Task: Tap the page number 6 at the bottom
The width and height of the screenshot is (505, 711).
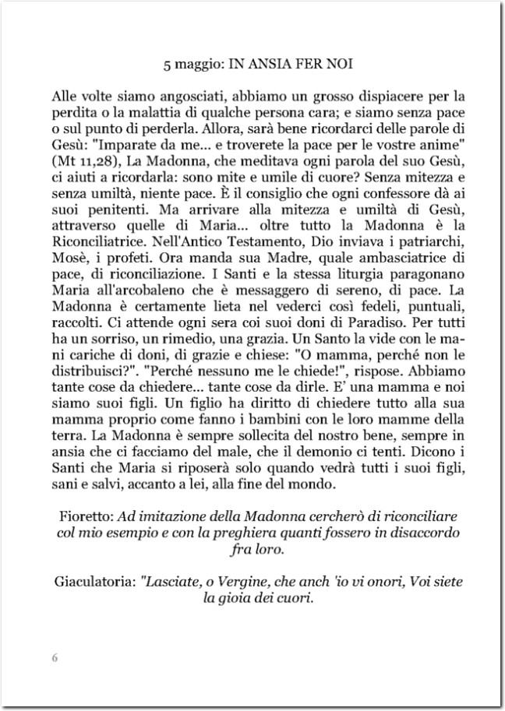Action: [55, 656]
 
